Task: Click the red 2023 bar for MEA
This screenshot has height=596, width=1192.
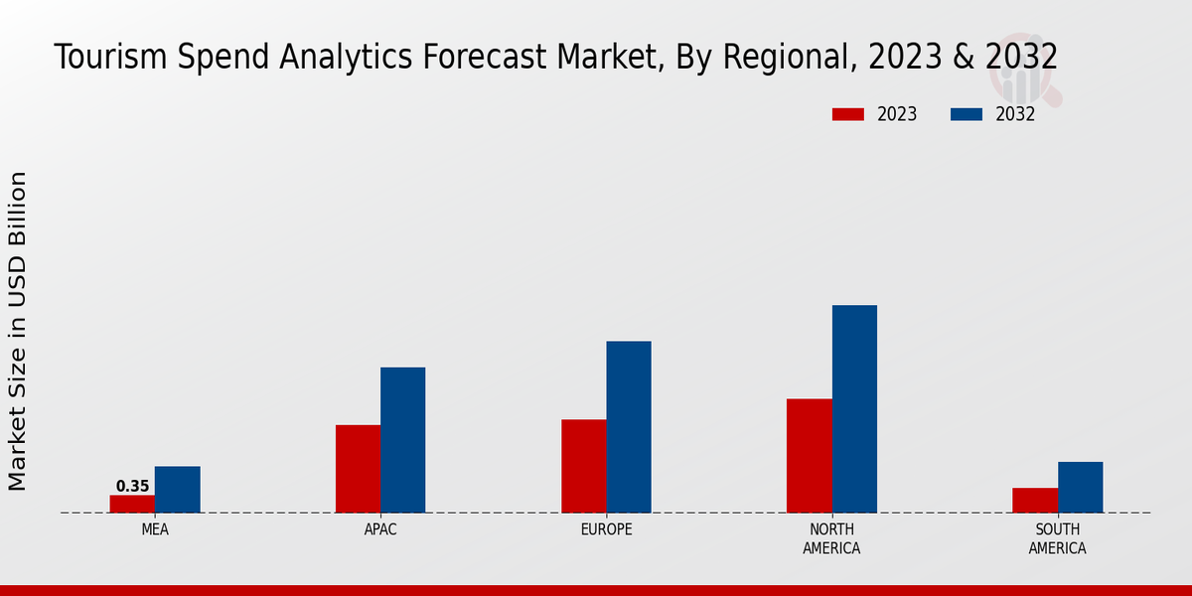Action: pyautogui.click(x=132, y=504)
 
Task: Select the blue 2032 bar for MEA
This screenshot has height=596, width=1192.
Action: pyautogui.click(x=177, y=490)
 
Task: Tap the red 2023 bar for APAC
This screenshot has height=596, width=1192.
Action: pyautogui.click(x=358, y=469)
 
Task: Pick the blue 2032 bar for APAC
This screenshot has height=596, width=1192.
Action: pyautogui.click(x=402, y=440)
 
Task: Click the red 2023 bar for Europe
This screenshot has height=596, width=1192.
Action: pyautogui.click(x=583, y=466)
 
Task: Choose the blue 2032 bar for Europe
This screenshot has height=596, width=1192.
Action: pyautogui.click(x=629, y=427)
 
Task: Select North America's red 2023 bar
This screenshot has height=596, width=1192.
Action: pyautogui.click(x=809, y=456)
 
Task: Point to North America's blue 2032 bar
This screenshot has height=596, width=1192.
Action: pyautogui.click(x=854, y=409)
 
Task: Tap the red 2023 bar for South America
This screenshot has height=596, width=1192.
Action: pyautogui.click(x=1035, y=501)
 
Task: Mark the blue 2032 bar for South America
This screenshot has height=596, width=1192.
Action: pyautogui.click(x=1080, y=488)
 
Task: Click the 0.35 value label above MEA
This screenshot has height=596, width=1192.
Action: pyautogui.click(x=132, y=487)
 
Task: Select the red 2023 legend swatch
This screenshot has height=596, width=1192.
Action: pyautogui.click(x=848, y=114)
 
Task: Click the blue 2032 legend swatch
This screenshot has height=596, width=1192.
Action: pyautogui.click(x=967, y=114)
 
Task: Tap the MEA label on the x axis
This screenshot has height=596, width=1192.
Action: pyautogui.click(x=155, y=529)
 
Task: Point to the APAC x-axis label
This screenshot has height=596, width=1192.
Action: pyautogui.click(x=380, y=529)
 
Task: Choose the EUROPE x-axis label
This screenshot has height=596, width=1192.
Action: pyautogui.click(x=606, y=529)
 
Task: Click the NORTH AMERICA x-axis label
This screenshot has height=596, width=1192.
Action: pyautogui.click(x=831, y=538)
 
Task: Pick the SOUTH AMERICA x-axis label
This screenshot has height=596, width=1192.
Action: pyautogui.click(x=1057, y=538)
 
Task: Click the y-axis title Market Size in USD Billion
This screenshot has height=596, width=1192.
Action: pyautogui.click(x=18, y=331)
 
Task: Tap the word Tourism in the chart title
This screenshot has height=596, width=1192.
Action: pyautogui.click(x=109, y=58)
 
